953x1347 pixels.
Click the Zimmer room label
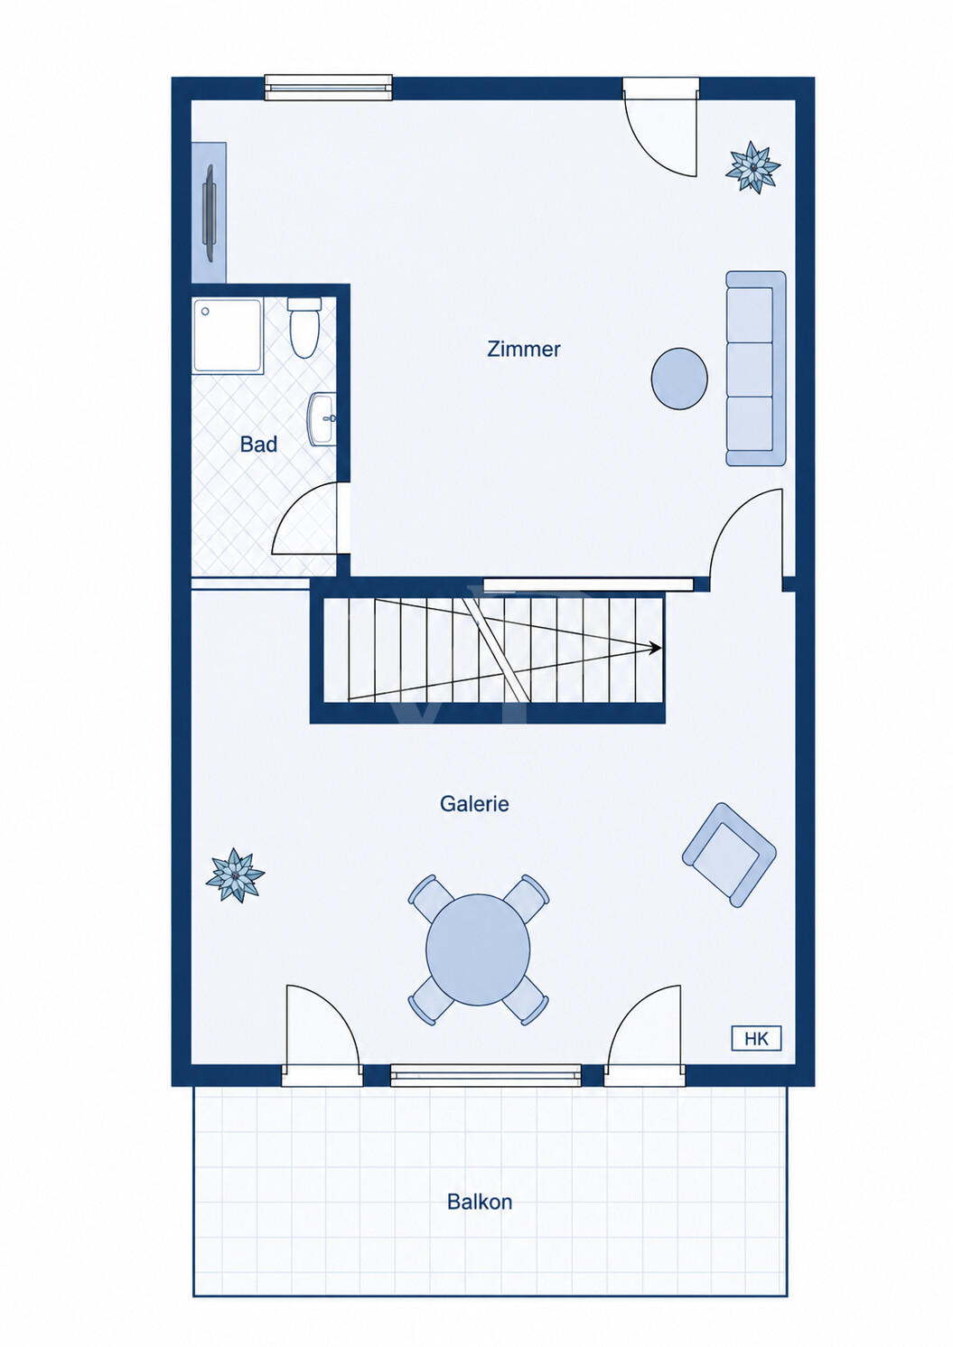tap(524, 350)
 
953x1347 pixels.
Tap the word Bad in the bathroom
tap(258, 445)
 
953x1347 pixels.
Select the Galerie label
tap(474, 804)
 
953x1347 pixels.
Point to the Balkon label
tap(480, 1202)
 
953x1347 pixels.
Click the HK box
tap(756, 1039)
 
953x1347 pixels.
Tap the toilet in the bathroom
tap(304, 328)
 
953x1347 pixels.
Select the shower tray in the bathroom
tap(228, 336)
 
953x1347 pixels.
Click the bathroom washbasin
tap(322, 419)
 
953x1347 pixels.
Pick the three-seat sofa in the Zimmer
tap(756, 369)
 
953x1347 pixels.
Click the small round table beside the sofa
tap(679, 379)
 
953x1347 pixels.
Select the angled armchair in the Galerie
tap(729, 855)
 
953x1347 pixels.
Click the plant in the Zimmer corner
tap(752, 166)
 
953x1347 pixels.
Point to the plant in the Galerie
tap(235, 875)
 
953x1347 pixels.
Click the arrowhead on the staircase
tap(655, 648)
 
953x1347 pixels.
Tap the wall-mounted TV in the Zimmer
tap(210, 213)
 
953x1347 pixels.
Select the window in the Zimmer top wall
tap(329, 88)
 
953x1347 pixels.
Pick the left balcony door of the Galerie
tap(322, 1034)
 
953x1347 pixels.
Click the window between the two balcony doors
tap(486, 1074)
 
